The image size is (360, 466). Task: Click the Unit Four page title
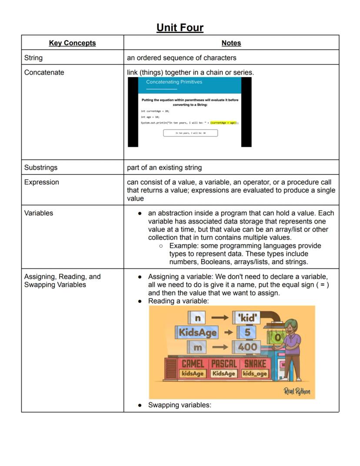click(x=180, y=28)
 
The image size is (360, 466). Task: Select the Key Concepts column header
click(x=72, y=43)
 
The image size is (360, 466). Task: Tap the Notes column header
click(x=231, y=43)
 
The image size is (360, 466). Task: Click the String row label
click(x=33, y=57)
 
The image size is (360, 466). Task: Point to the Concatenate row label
click(x=44, y=72)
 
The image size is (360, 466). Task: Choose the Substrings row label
click(x=41, y=168)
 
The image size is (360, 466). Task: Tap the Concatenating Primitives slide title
click(x=174, y=82)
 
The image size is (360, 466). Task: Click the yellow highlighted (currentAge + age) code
click(x=223, y=123)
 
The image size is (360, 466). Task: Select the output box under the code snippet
click(x=190, y=133)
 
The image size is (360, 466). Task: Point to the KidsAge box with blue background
click(x=197, y=332)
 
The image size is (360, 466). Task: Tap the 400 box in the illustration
click(x=247, y=347)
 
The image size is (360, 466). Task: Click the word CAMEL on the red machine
click(x=193, y=364)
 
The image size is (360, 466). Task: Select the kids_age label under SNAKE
click(x=255, y=373)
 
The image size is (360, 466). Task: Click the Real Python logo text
click(x=297, y=391)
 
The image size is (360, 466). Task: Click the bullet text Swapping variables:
click(x=180, y=405)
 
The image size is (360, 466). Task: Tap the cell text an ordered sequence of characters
click(x=181, y=57)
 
